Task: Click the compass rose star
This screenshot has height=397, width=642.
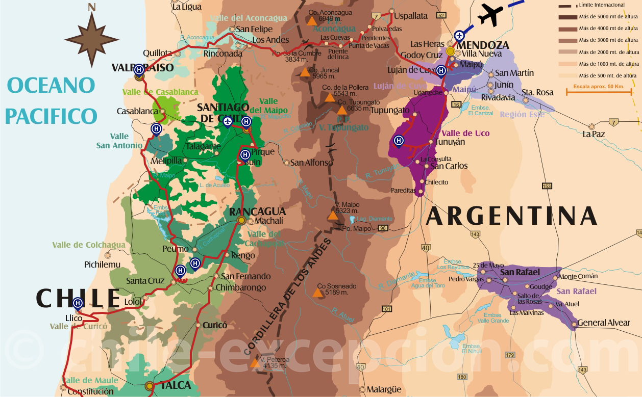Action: point(91,40)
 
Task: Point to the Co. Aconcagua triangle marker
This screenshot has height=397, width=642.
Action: point(311,21)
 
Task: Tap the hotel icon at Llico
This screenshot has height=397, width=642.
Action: point(78,303)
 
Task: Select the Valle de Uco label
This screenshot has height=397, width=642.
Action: point(465,133)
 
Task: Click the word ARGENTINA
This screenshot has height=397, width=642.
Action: point(511,216)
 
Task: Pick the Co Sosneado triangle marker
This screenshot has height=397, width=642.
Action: point(318,293)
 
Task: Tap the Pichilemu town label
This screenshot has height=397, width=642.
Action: point(102,264)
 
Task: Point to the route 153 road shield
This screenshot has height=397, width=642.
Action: point(547,186)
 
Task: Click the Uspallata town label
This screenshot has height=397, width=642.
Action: point(410,16)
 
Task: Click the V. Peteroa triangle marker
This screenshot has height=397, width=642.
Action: point(254,363)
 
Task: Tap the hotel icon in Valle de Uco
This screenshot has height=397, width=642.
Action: point(399,140)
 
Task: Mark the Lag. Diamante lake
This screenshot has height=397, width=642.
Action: point(352,220)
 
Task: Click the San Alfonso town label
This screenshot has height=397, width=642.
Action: point(311,163)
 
